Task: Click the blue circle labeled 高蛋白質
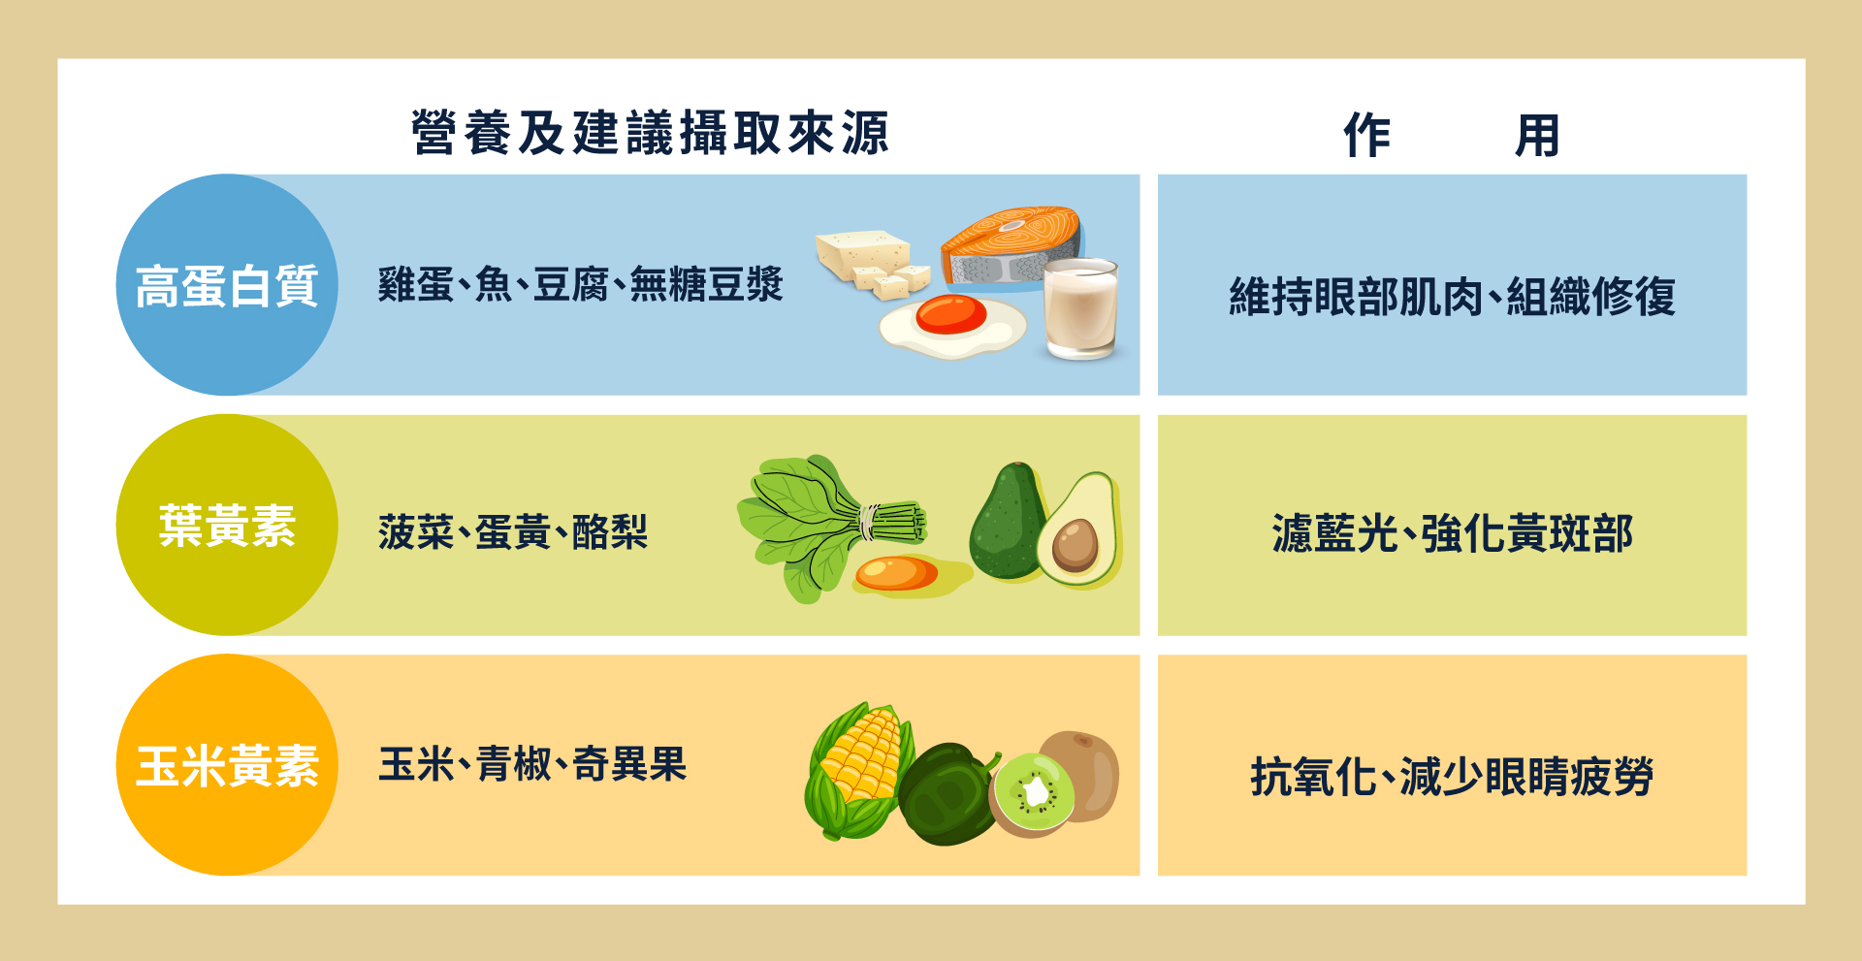227,285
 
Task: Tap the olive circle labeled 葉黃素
227,525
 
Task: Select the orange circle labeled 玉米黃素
227,765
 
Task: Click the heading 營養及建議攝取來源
650,133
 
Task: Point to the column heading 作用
1452,135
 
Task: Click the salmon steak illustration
1011,247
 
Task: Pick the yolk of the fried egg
950,313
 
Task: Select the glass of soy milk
1080,309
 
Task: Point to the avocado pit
1075,545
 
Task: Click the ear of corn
857,771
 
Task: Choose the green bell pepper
947,794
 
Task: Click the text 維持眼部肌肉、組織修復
1452,296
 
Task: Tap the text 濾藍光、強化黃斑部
1452,533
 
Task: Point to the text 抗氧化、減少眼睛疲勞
1452,776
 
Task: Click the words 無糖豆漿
706,284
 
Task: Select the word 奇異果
629,764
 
